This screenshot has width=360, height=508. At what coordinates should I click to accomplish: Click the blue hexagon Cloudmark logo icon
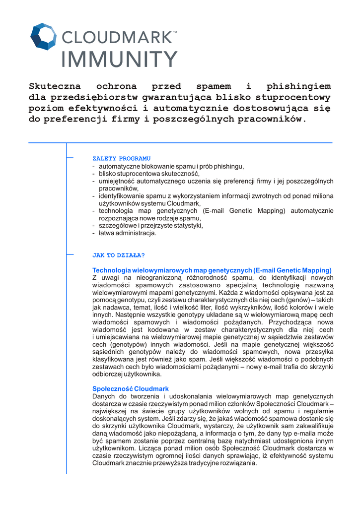pos(44,36)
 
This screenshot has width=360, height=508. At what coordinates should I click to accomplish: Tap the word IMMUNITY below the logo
pos(119,59)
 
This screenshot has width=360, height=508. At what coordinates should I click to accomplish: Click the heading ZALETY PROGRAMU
pos(121,158)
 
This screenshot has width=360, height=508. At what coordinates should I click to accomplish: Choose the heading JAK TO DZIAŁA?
pos(119,255)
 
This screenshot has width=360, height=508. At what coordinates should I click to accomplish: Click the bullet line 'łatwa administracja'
pos(127,233)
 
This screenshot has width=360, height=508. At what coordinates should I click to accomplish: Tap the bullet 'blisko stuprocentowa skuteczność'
pos(148,174)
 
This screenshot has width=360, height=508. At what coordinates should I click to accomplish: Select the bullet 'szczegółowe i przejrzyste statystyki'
pos(150,225)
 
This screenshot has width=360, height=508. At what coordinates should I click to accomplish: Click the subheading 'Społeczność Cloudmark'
pos(131,388)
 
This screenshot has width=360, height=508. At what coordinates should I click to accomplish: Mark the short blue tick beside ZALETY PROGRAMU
pos(70,158)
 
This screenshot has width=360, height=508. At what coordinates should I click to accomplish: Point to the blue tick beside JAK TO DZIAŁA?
pos(70,255)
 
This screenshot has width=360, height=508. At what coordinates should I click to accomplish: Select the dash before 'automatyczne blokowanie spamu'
pos(94,166)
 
